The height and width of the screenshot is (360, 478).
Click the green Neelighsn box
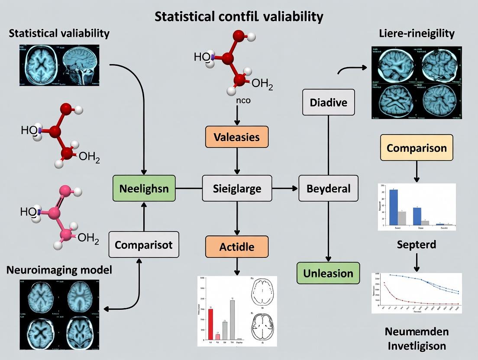[144, 188]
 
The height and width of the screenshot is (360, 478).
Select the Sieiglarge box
[237, 188]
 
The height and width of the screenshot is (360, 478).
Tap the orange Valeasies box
[237, 137]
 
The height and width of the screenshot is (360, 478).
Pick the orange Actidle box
[237, 247]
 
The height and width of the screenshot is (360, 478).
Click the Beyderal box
[329, 188]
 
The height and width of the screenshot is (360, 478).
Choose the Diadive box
[329, 103]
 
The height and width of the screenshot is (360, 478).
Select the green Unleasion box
[328, 273]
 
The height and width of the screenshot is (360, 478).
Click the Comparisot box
[143, 244]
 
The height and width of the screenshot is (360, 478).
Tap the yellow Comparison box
[417, 148]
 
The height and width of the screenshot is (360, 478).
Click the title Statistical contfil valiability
[239, 17]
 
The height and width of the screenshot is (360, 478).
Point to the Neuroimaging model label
[59, 270]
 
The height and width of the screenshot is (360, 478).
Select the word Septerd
[416, 244]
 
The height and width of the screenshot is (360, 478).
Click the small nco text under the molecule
[237, 100]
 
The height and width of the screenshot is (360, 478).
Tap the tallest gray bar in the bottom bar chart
[232, 319]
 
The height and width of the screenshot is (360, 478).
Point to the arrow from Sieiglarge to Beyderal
[285, 188]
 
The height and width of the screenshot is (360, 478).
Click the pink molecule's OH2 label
[89, 238]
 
